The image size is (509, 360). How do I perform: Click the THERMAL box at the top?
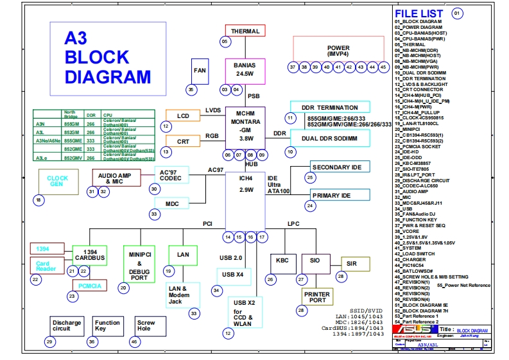(245, 31)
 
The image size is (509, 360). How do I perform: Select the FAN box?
(200, 70)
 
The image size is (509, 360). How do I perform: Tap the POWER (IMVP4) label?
(338, 51)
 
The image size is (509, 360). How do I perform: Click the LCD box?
(183, 116)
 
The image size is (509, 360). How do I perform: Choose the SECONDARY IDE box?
(340, 167)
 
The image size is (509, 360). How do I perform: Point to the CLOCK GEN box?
(58, 181)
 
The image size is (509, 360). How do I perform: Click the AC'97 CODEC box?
(171, 175)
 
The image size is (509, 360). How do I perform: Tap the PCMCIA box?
(90, 286)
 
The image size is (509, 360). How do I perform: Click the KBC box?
(282, 261)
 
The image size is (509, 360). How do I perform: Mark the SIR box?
(352, 264)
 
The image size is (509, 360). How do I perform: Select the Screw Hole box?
(146, 326)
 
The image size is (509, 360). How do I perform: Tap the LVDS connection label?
(213, 111)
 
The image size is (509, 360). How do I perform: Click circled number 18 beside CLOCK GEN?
(40, 200)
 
